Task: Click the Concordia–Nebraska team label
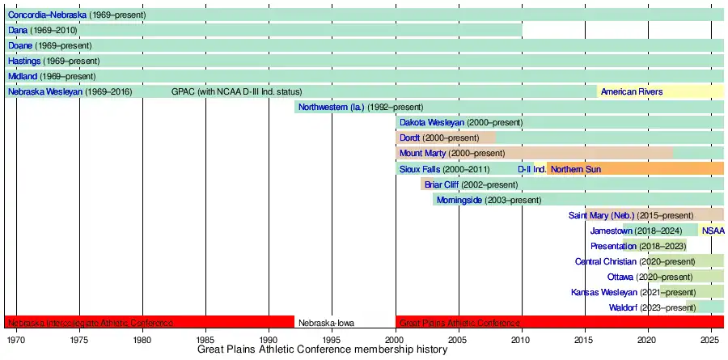pyautogui.click(x=47, y=15)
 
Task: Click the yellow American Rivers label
pyautogui.click(x=631, y=91)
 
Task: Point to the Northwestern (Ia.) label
pyautogui.click(x=332, y=107)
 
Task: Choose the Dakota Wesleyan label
pyautogui.click(x=432, y=122)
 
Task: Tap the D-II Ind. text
pyautogui.click(x=531, y=168)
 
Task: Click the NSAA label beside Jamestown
pyautogui.click(x=713, y=231)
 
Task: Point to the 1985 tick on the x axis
pyautogui.click(x=205, y=339)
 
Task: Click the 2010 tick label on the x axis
pyautogui.click(x=522, y=339)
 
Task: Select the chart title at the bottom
pyautogui.click(x=322, y=350)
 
